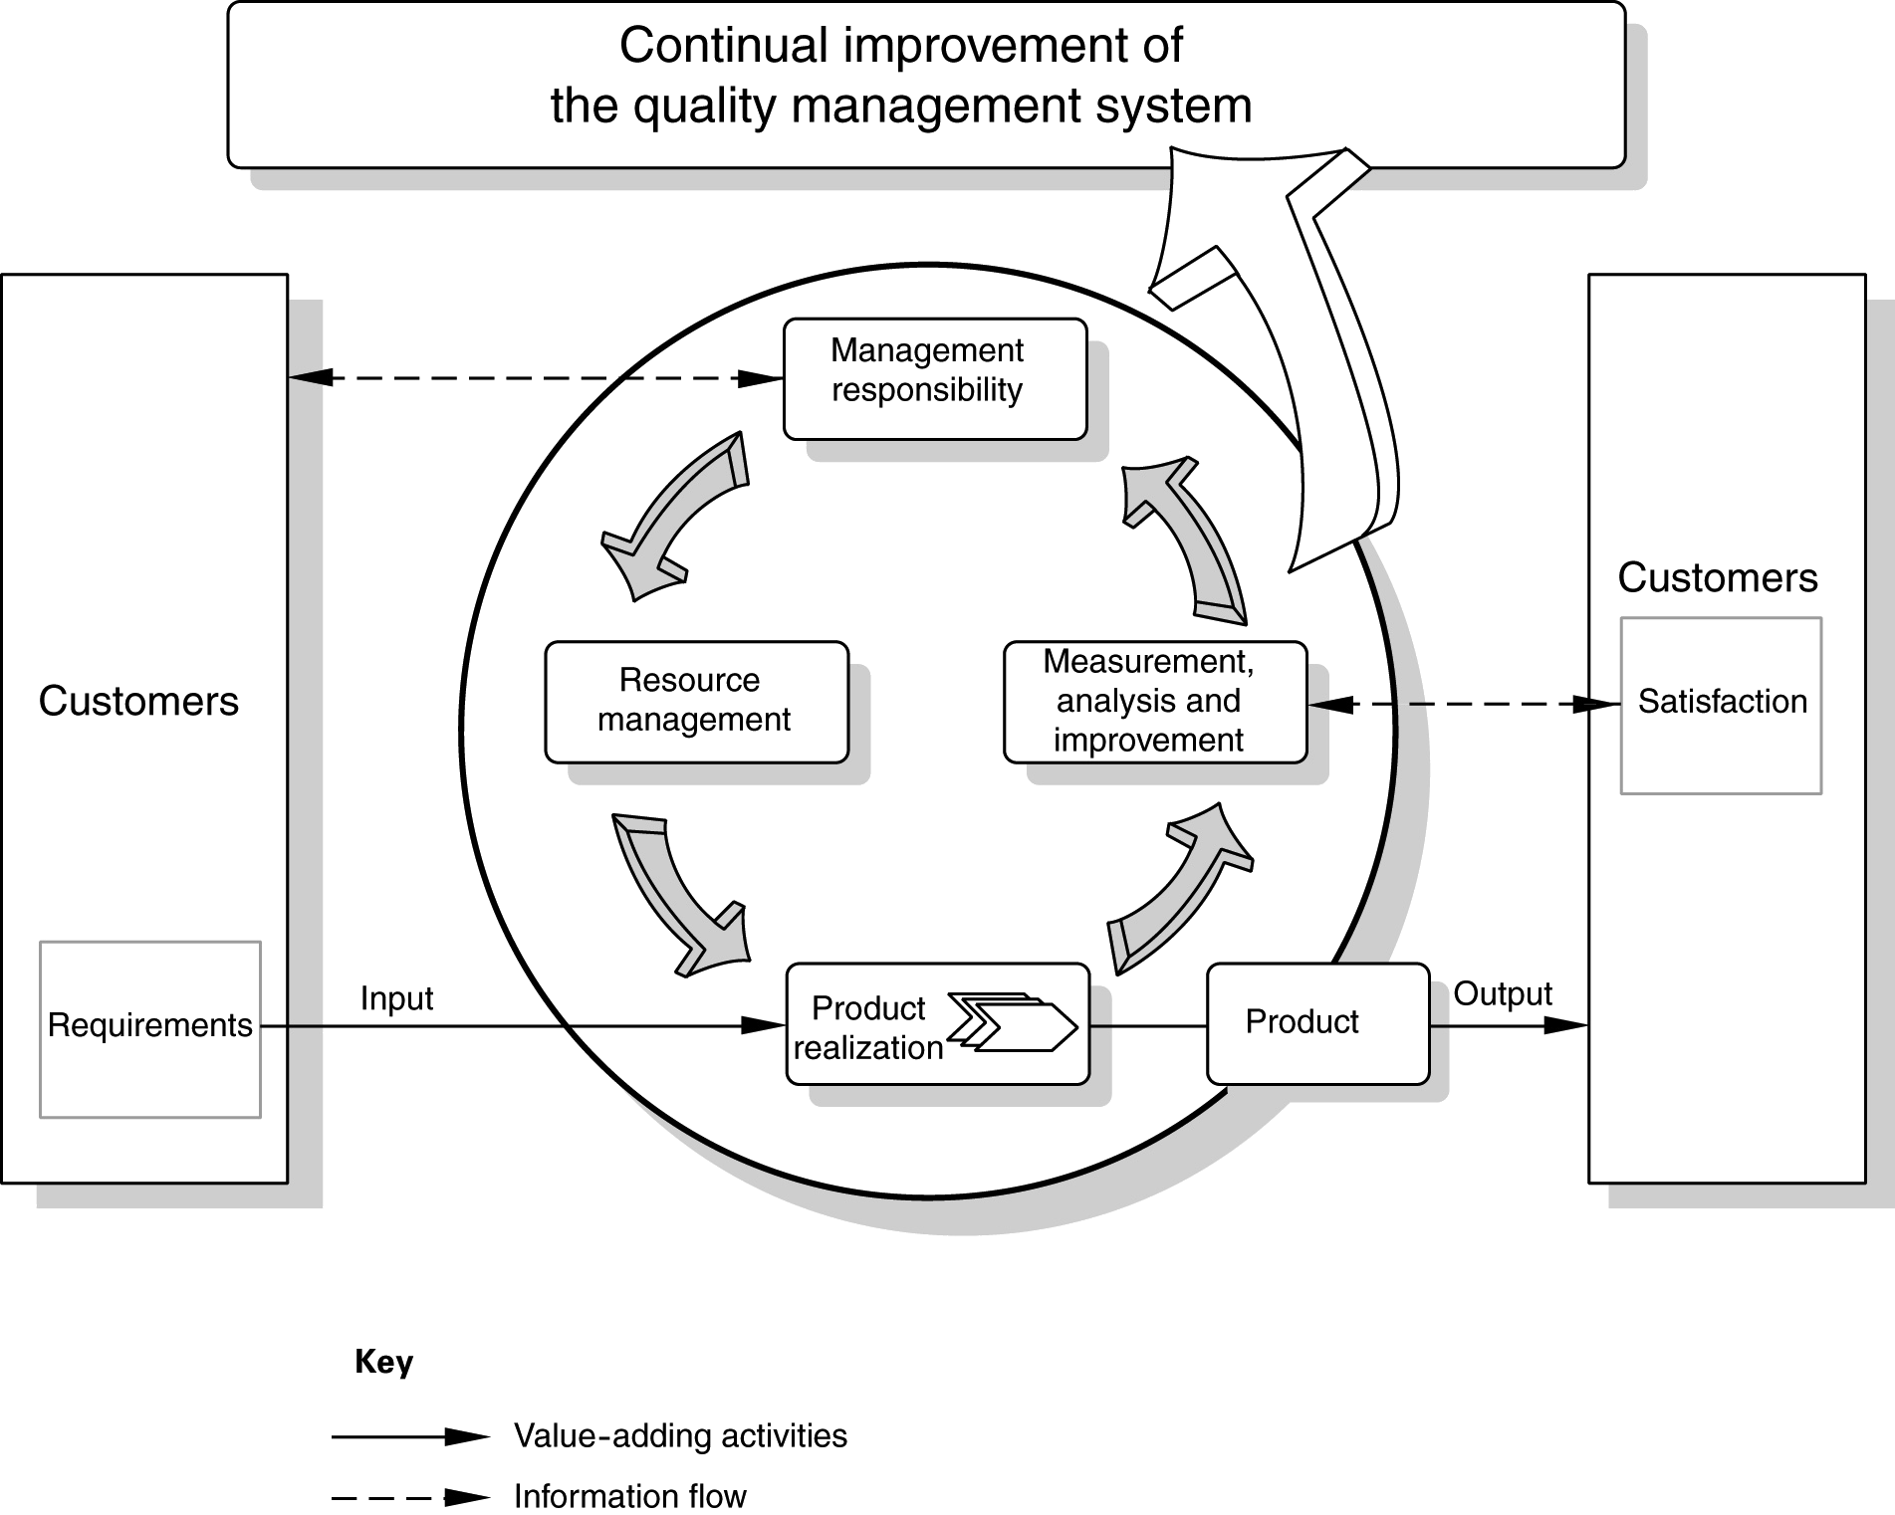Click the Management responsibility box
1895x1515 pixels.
coord(935,378)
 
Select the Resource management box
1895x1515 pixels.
coord(697,702)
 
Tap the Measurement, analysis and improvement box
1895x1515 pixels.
coord(1155,702)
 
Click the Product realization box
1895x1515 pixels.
coord(938,1023)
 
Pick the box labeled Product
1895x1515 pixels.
coord(1317,1023)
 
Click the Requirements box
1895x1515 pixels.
coord(150,1029)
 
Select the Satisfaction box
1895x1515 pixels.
coord(1721,706)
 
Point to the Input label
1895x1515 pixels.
coord(396,998)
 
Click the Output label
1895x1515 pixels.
coord(1503,993)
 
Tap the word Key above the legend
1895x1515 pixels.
coord(383,1361)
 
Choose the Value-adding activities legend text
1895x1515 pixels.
coord(680,1435)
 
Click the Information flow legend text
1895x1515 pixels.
coord(629,1495)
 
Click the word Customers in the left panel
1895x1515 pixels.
coord(138,702)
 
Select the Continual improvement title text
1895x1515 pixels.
coord(901,76)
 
